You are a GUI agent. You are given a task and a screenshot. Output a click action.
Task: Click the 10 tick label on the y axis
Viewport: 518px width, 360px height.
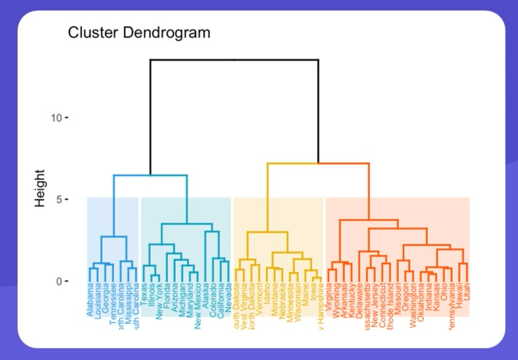pos(57,118)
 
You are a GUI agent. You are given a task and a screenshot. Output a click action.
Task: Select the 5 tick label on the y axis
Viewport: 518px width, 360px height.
pos(60,200)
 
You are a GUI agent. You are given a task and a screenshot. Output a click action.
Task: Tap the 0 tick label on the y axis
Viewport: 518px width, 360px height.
pos(60,281)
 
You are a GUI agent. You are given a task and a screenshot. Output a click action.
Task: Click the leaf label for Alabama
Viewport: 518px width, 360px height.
pos(90,300)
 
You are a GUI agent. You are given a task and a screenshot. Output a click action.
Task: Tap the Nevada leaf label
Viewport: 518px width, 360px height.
pos(228,297)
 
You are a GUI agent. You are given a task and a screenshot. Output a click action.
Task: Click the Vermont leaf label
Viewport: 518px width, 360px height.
pos(260,298)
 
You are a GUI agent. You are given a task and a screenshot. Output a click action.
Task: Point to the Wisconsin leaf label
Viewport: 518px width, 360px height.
pos(297,302)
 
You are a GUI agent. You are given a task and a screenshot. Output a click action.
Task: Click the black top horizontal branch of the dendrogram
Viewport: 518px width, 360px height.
pos(234,60)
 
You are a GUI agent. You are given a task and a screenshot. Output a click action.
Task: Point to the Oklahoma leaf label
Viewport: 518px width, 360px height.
pos(421,301)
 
